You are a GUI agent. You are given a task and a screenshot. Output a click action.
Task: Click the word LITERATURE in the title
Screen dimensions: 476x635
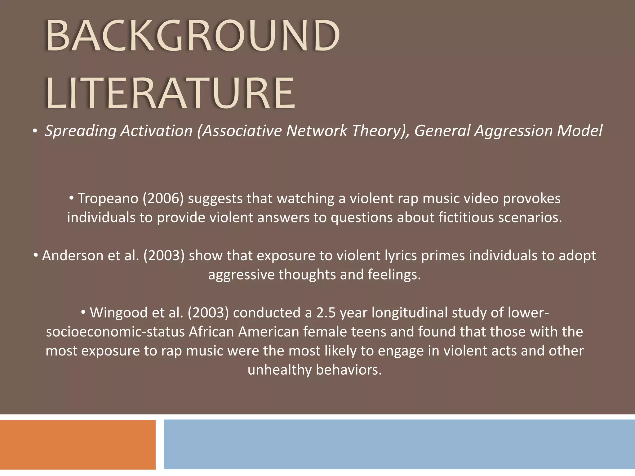(x=170, y=93)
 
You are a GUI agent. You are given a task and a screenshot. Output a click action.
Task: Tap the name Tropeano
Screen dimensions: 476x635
(x=108, y=199)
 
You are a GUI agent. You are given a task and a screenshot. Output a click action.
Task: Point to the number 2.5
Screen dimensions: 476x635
(x=326, y=313)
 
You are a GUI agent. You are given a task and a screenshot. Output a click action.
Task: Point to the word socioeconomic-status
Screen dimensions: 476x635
(x=115, y=332)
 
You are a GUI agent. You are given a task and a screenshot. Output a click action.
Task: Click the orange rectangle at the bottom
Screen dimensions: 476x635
(x=78, y=444)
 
